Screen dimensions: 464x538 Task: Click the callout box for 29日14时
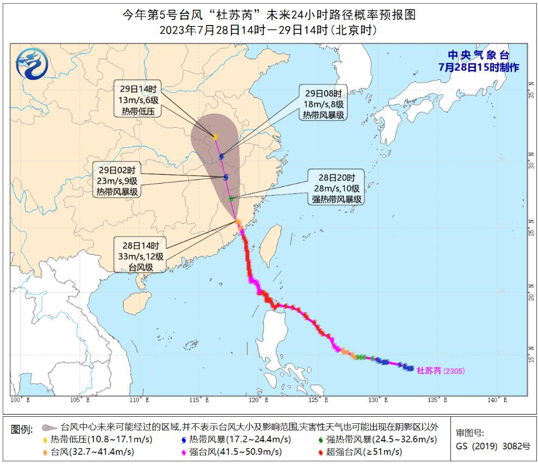coord(137,99)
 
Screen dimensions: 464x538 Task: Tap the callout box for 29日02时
coord(118,180)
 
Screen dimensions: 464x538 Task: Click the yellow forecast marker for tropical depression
coord(215,137)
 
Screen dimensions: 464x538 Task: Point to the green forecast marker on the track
coord(231,199)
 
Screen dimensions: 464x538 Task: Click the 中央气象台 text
coord(478,55)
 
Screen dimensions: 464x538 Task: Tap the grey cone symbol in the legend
coord(50,428)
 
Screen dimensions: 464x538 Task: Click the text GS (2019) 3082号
coord(492,447)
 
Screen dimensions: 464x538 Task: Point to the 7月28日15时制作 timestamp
coord(479,67)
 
